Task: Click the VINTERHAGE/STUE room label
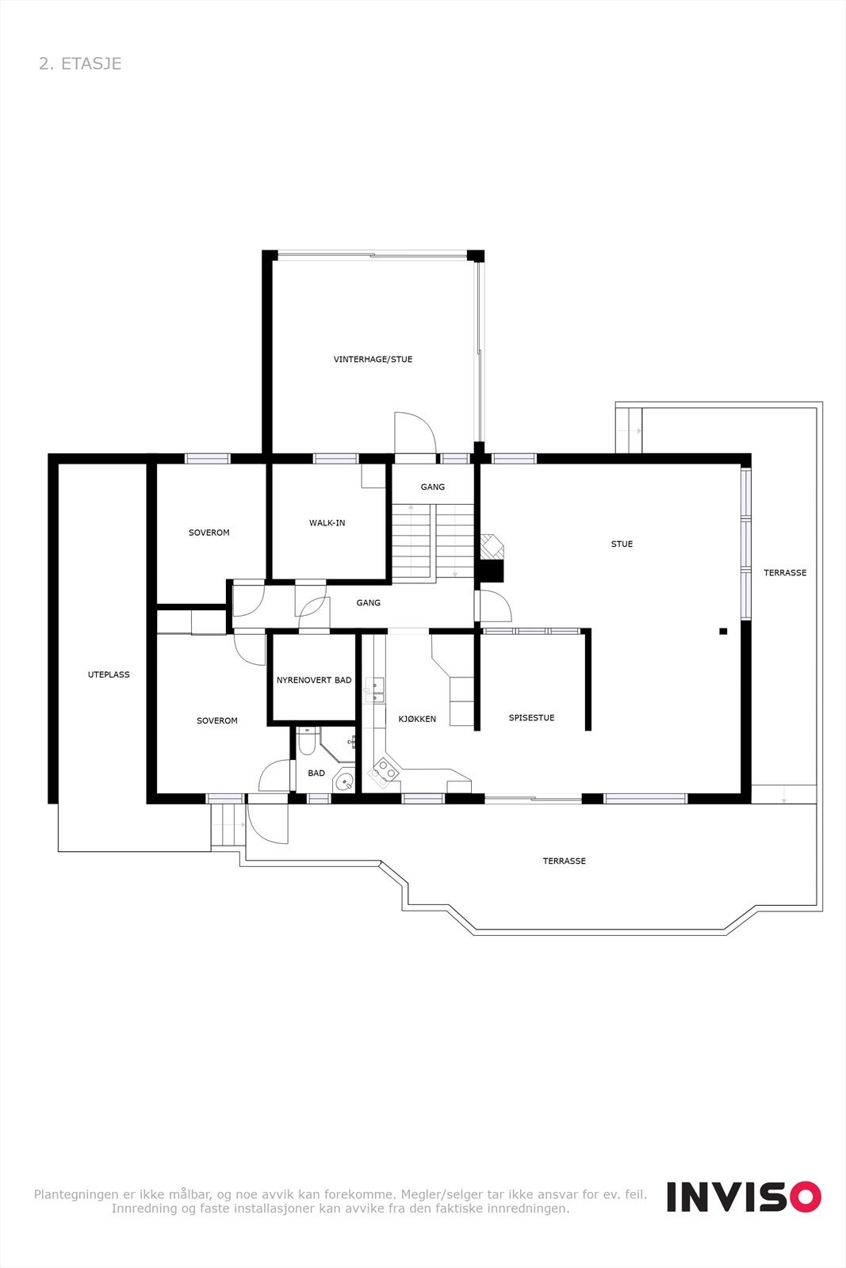pos(373,359)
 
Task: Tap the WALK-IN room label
pos(327,523)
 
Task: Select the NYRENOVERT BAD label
pos(314,680)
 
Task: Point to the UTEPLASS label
pos(109,674)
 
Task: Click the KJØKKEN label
pos(417,719)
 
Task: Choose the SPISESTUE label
pos(531,717)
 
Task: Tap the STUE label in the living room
pos(622,544)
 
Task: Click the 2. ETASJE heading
pos(80,63)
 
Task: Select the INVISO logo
pos(743,1196)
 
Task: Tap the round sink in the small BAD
pos(344,781)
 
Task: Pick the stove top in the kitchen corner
pos(385,771)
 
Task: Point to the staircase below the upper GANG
pos(433,542)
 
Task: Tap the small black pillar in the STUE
pos(722,632)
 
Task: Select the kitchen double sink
pos(374,691)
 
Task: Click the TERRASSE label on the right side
pos(784,572)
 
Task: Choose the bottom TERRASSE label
pos(564,861)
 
